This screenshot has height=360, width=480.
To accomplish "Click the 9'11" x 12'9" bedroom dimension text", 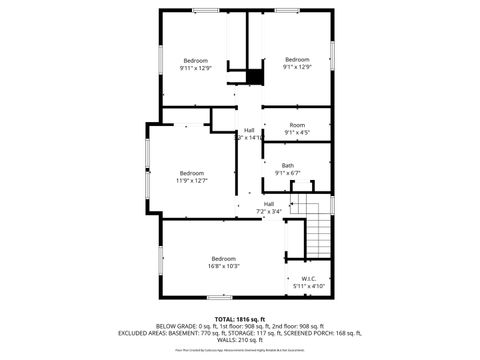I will [195, 68].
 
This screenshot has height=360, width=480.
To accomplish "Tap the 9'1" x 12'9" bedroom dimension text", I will [298, 68].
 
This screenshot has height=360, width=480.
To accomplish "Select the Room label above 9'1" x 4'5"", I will [297, 124].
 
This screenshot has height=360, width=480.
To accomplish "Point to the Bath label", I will [288, 165].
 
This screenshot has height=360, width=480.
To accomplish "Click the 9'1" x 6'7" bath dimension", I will [288, 173].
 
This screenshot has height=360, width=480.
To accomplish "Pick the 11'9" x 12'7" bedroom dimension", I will [191, 181].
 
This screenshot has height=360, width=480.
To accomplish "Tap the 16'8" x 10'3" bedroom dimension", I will [223, 266].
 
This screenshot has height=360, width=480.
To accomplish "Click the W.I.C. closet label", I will [309, 279].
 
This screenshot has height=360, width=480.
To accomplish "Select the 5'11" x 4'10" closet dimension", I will [309, 287].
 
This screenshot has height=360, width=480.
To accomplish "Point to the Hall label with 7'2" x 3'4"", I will [269, 204].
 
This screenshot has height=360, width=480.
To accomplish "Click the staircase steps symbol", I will [317, 233].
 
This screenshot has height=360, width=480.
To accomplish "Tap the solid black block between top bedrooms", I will [255, 75].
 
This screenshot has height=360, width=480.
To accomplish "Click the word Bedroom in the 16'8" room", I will [223, 259].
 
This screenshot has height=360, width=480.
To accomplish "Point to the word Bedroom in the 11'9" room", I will [191, 173].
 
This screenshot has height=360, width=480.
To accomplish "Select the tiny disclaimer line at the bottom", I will [240, 351].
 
